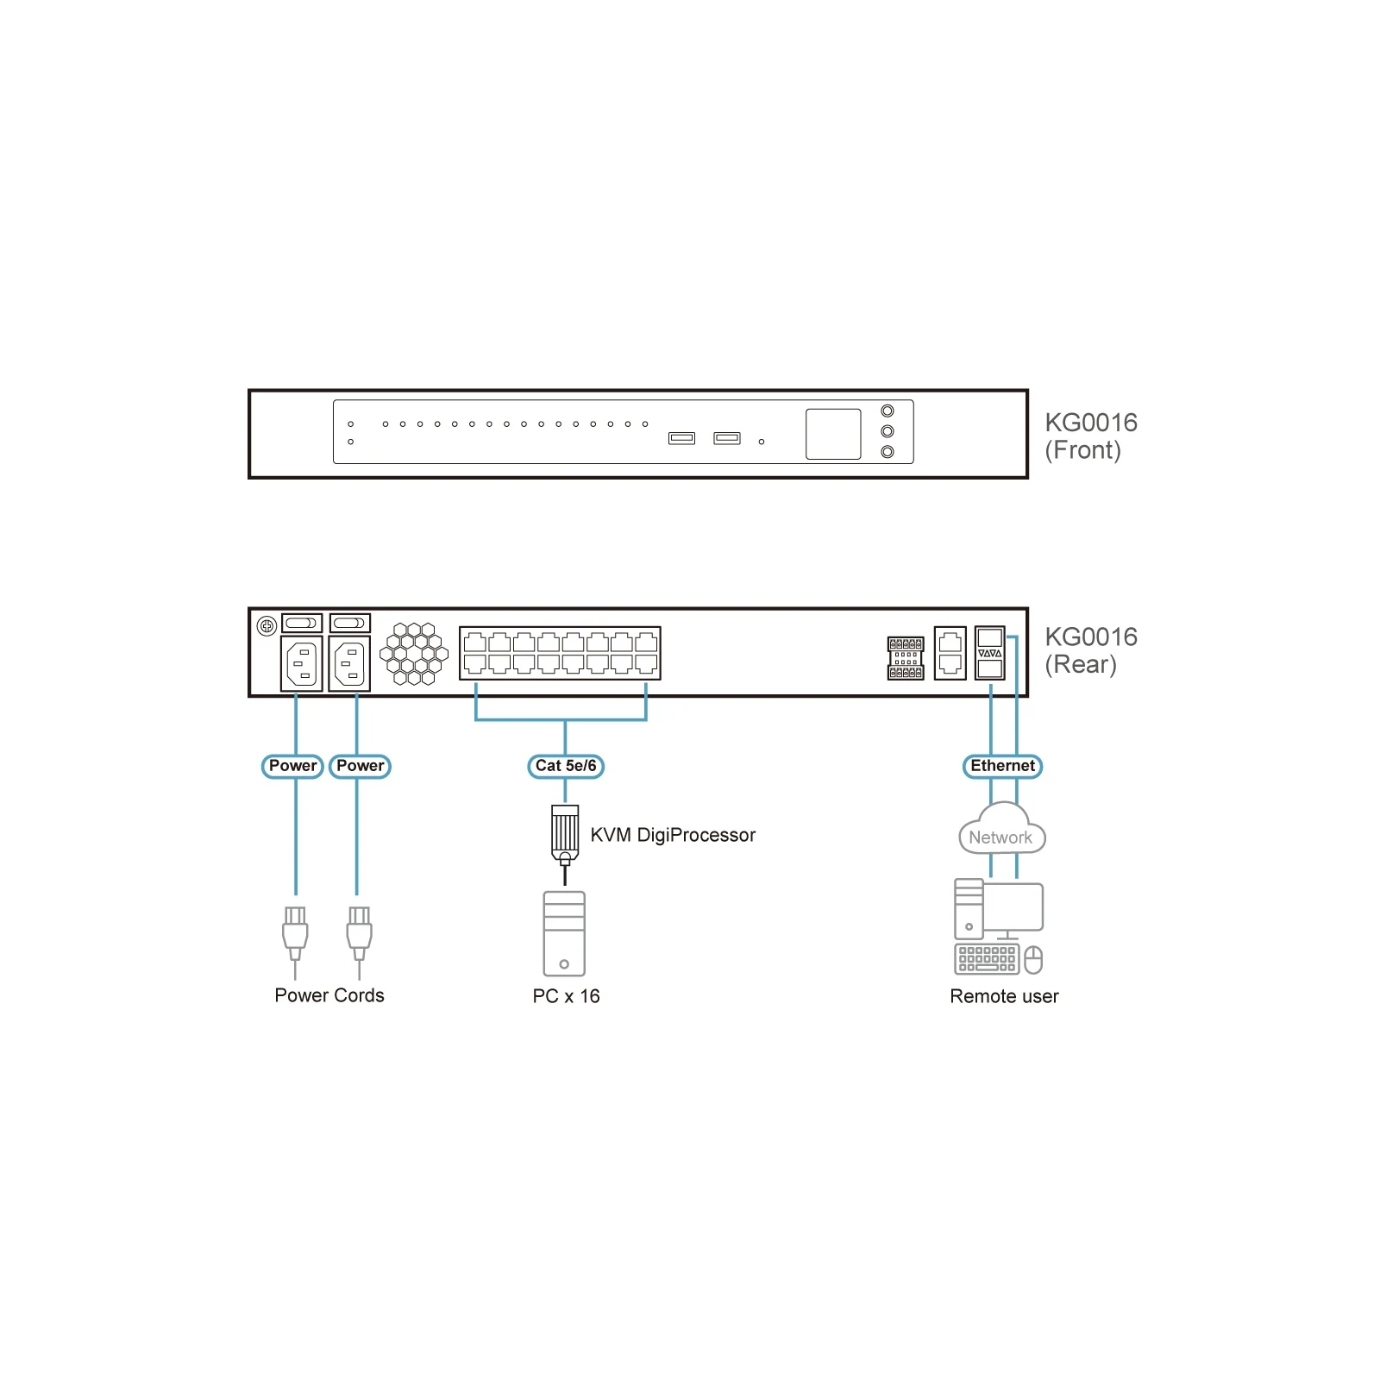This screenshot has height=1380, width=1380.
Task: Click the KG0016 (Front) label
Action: [1091, 436]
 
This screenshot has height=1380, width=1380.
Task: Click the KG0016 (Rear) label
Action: [1091, 650]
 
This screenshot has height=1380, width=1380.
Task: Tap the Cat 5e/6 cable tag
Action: [566, 766]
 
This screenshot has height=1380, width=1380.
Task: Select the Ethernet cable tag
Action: [1002, 766]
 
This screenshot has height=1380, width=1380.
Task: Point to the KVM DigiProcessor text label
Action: [673, 835]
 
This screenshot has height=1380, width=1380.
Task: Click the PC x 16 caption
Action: [566, 996]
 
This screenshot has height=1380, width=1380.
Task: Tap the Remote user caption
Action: [1004, 996]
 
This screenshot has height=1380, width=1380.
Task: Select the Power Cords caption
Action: [329, 995]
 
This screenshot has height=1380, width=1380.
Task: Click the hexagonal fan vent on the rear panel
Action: [414, 654]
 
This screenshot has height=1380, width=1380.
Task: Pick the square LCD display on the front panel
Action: [833, 434]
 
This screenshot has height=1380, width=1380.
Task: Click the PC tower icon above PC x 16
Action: [564, 934]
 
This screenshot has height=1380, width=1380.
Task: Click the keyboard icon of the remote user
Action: [987, 959]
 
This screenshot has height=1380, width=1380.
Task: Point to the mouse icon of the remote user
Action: [1033, 960]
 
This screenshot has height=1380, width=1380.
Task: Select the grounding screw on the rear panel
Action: [267, 626]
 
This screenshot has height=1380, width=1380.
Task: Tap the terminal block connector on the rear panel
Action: [906, 658]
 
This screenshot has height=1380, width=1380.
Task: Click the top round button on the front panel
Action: [888, 411]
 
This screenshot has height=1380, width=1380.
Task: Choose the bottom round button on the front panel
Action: [888, 452]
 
